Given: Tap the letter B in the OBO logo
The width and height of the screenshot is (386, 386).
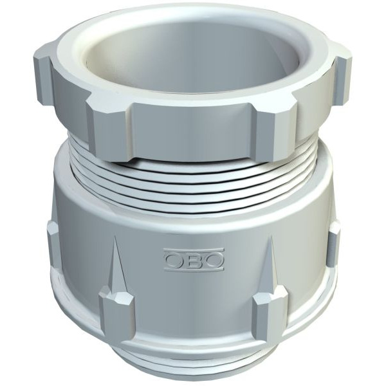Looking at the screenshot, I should (x=194, y=259).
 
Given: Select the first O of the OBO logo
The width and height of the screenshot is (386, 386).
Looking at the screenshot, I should (x=174, y=259).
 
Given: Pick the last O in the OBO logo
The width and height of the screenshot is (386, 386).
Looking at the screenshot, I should (x=213, y=259).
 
